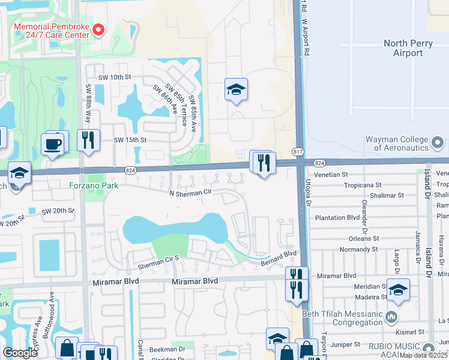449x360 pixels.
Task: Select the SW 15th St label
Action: [130, 140]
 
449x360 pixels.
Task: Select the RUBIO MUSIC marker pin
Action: [428, 348]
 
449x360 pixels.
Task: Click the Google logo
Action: [20, 353]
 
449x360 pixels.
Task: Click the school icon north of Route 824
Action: [236, 90]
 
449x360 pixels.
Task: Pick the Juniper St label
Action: [342, 344]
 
